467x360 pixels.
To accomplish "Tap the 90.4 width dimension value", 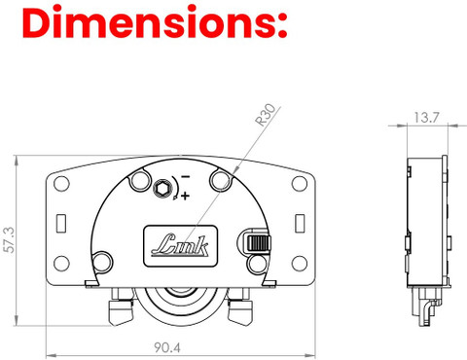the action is click(x=167, y=347).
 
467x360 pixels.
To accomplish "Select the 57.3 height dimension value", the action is click(x=10, y=239).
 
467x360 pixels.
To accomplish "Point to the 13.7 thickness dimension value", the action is click(x=426, y=117).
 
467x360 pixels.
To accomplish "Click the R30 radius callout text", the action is click(x=266, y=115).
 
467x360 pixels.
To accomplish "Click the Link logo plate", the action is click(x=180, y=246).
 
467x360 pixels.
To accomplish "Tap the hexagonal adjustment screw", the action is click(x=162, y=189).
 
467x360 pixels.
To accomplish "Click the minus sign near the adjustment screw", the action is click(x=185, y=177).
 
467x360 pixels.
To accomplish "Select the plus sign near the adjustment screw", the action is click(x=185, y=196).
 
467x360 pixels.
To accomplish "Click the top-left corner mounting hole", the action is click(x=61, y=184).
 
